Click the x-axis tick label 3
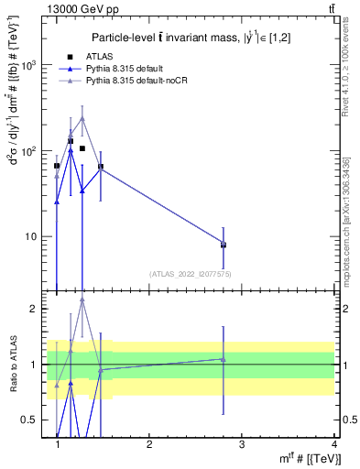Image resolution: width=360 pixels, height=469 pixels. [241, 444]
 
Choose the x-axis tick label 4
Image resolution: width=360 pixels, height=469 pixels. [333, 444]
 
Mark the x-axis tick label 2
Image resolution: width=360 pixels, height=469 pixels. [149, 444]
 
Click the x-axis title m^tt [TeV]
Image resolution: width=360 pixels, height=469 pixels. [307, 459]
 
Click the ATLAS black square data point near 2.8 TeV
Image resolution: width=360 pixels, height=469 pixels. [223, 245]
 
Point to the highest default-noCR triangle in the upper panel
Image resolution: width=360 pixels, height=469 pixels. [82, 118]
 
